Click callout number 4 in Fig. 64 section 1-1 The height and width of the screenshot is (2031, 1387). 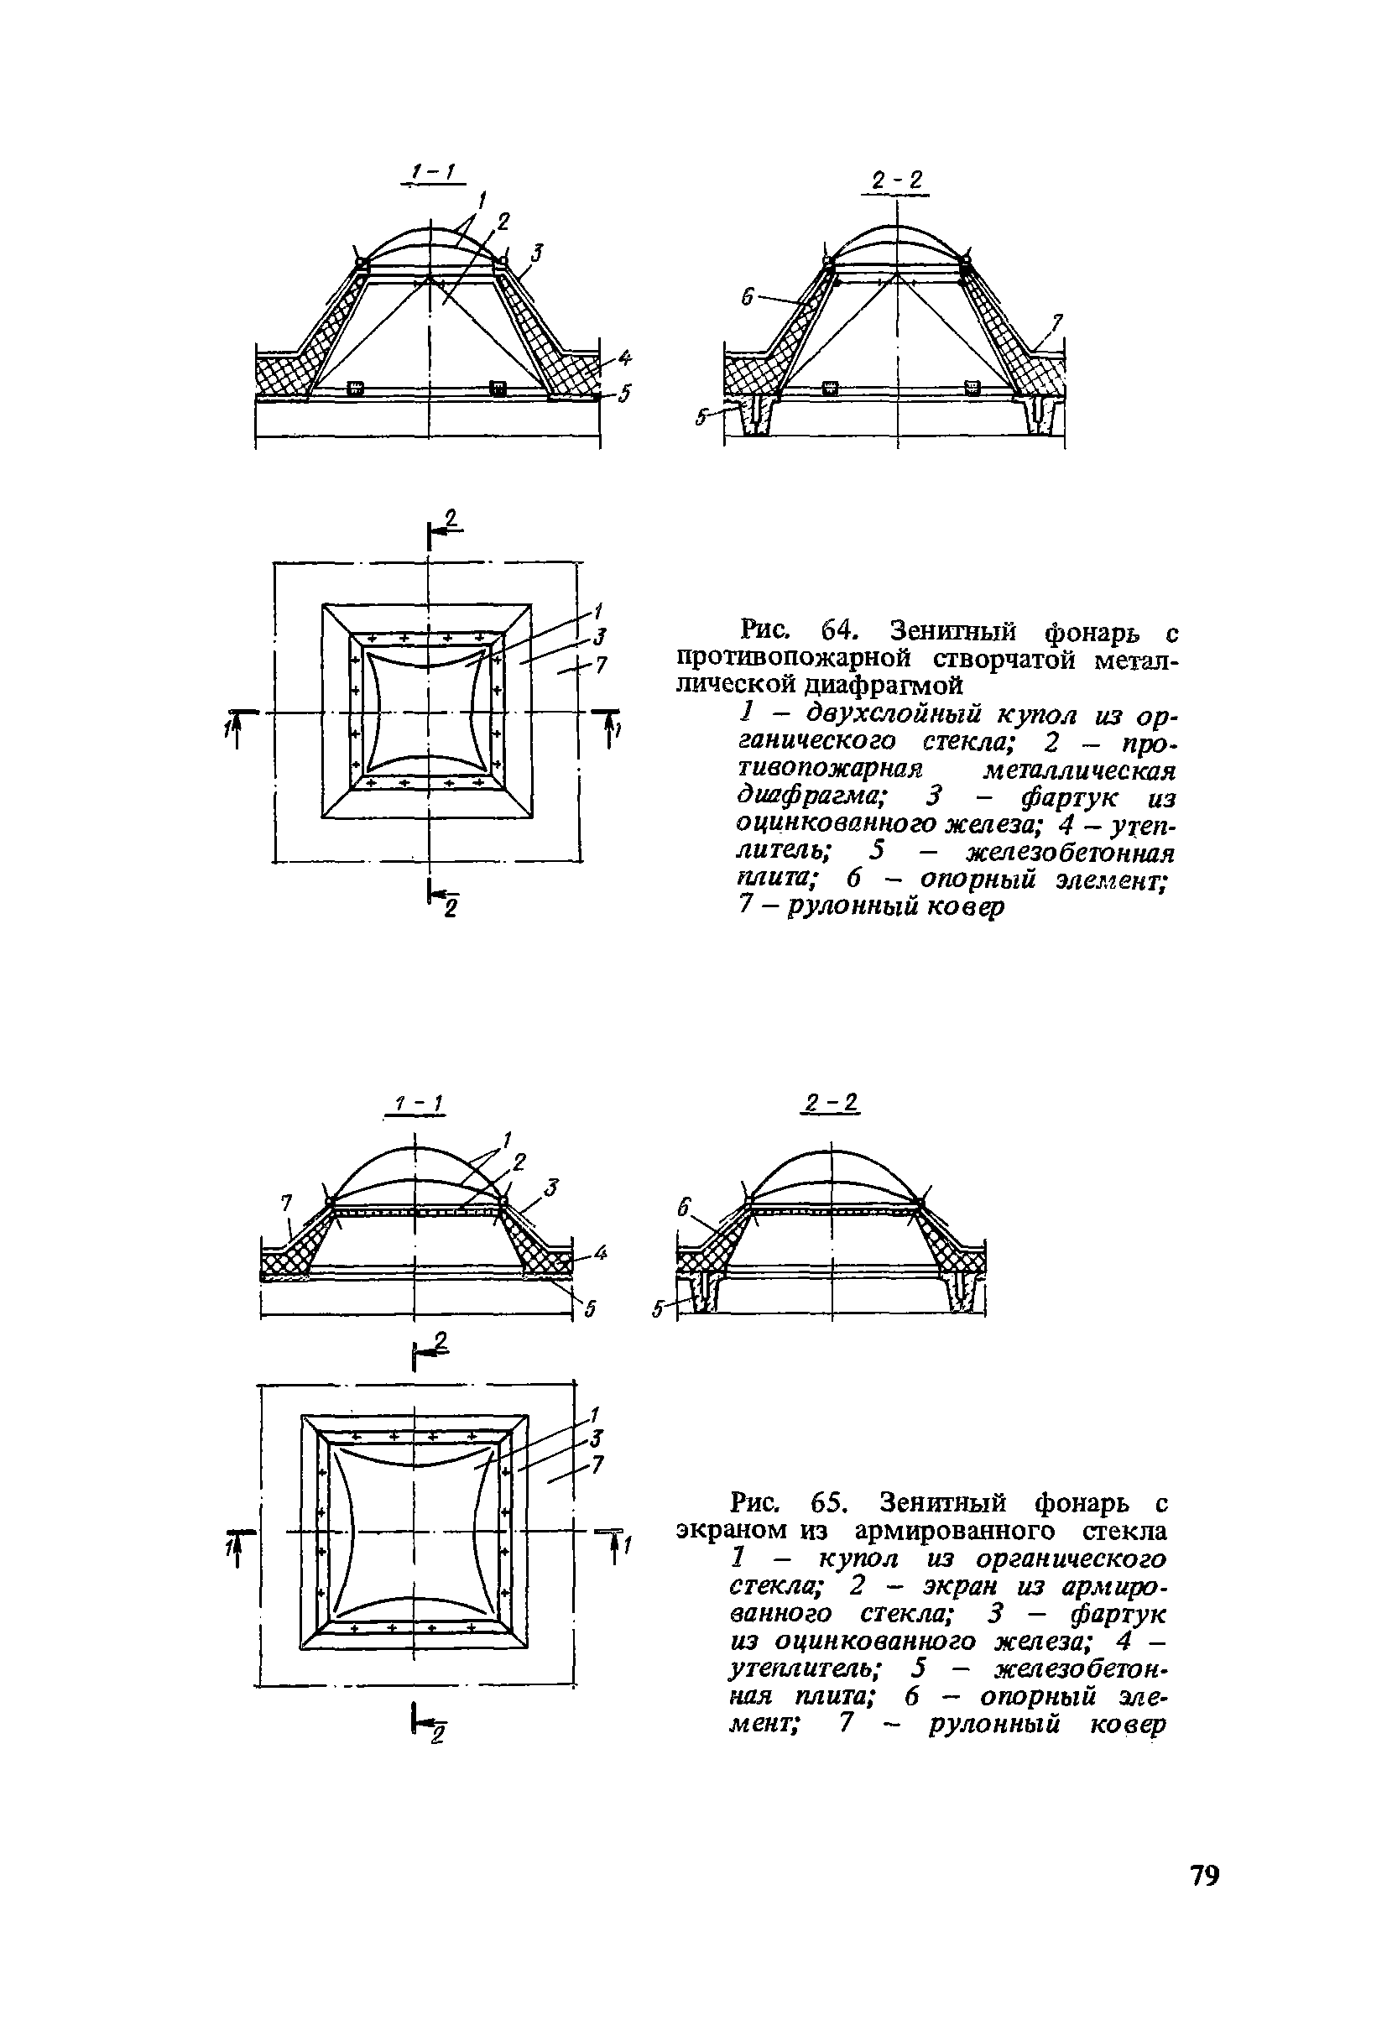(x=624, y=358)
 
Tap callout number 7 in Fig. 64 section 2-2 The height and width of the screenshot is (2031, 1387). (x=1056, y=324)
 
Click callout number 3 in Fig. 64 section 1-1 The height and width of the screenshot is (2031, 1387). (x=538, y=253)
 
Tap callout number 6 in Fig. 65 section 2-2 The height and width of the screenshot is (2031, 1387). (x=685, y=1207)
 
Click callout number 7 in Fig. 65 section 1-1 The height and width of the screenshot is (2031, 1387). (x=286, y=1203)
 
